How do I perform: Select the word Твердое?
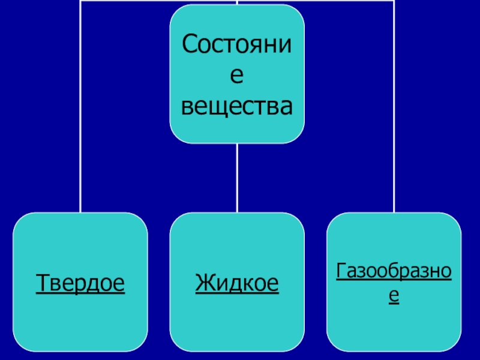tap(80, 281)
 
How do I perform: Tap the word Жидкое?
tap(237, 281)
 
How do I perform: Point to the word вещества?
tap(237, 106)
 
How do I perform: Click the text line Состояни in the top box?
tap(237, 46)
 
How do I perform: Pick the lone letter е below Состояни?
tap(237, 76)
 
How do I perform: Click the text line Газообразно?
tap(394, 271)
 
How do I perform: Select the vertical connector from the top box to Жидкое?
tap(237, 178)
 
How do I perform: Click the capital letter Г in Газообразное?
tap(341, 271)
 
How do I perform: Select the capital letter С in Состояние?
tap(190, 45)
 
